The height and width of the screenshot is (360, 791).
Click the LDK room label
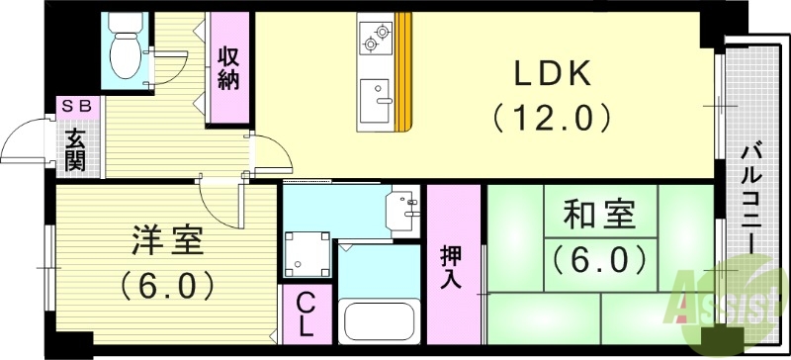pyautogui.click(x=551, y=73)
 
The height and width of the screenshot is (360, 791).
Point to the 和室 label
pyautogui.click(x=598, y=215)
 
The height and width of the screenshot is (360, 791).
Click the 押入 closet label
pyautogui.click(x=450, y=266)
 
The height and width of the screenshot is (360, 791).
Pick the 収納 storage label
pyautogui.click(x=228, y=67)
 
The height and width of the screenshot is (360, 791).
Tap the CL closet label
pyautogui.click(x=307, y=313)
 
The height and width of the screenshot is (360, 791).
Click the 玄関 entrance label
pyautogui.click(x=75, y=148)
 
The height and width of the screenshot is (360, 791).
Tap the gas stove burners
pyautogui.click(x=376, y=37)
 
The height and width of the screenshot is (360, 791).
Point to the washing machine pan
pyautogui.click(x=306, y=254)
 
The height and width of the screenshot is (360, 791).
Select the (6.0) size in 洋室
pyautogui.click(x=167, y=286)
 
